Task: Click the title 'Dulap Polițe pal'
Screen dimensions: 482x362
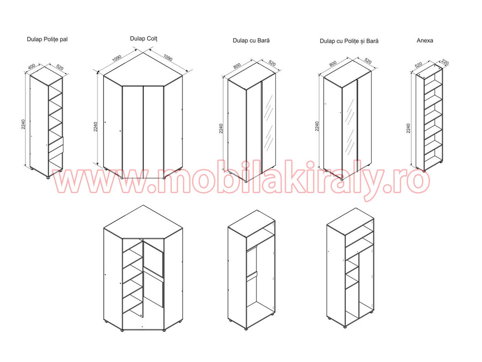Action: (x=47, y=40)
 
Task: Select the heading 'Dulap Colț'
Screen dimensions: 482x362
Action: (x=144, y=39)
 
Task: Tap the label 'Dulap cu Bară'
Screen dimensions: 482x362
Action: (x=251, y=41)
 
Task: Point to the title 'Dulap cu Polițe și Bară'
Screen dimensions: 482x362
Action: (x=349, y=41)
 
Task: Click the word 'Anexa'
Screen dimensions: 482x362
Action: (x=425, y=41)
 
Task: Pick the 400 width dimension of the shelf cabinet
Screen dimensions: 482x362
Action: (x=32, y=66)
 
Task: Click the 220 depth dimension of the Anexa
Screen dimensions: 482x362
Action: (x=445, y=62)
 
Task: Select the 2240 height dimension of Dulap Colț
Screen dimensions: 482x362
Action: (x=96, y=127)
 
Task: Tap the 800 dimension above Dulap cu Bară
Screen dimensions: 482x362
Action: (x=237, y=66)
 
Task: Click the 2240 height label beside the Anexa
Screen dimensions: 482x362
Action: (x=408, y=128)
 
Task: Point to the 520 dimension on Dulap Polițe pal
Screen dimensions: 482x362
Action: (x=59, y=67)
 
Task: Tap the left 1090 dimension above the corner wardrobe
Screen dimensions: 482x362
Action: (x=117, y=58)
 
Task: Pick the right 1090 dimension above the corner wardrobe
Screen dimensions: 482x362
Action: (x=168, y=58)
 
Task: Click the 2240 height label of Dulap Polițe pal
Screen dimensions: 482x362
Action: (x=23, y=124)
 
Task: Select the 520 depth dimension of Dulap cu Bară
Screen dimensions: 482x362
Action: (x=272, y=63)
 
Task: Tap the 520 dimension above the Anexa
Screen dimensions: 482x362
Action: (x=418, y=65)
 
